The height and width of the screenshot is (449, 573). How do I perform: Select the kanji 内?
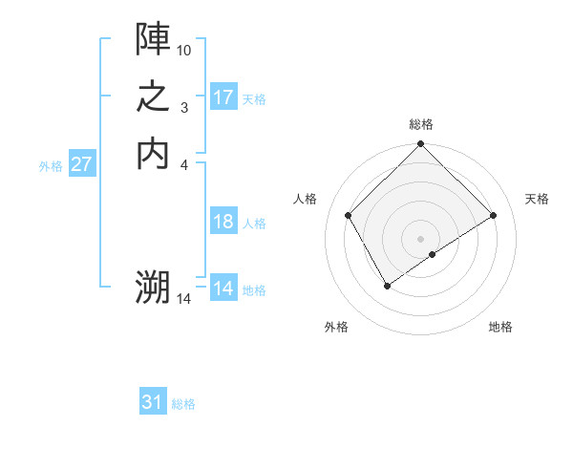(x=153, y=153)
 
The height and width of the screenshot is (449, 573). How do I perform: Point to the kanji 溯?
(x=153, y=287)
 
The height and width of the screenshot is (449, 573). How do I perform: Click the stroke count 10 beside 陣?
(x=184, y=49)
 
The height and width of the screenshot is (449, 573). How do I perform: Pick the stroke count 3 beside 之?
(x=184, y=107)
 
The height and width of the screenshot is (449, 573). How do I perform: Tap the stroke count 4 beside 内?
(x=184, y=164)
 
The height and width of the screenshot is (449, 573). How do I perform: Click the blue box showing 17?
(x=223, y=97)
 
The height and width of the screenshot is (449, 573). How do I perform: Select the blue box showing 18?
(x=223, y=222)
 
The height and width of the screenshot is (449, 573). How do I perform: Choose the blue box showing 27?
(x=81, y=164)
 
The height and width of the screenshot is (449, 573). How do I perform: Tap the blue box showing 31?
(x=153, y=402)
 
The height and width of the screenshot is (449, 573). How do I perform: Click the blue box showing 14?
(x=223, y=289)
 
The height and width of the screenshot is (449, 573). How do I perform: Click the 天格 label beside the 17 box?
(x=254, y=98)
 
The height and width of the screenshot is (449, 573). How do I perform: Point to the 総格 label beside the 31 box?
(x=183, y=404)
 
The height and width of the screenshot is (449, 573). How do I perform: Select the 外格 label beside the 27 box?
(x=51, y=165)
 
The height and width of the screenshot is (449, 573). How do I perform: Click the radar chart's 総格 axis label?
(x=421, y=124)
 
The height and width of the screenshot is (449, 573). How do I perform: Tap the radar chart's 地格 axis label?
(x=500, y=328)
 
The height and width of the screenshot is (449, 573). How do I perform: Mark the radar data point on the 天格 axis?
(x=494, y=216)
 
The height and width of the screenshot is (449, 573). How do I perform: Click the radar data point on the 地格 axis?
(x=433, y=254)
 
